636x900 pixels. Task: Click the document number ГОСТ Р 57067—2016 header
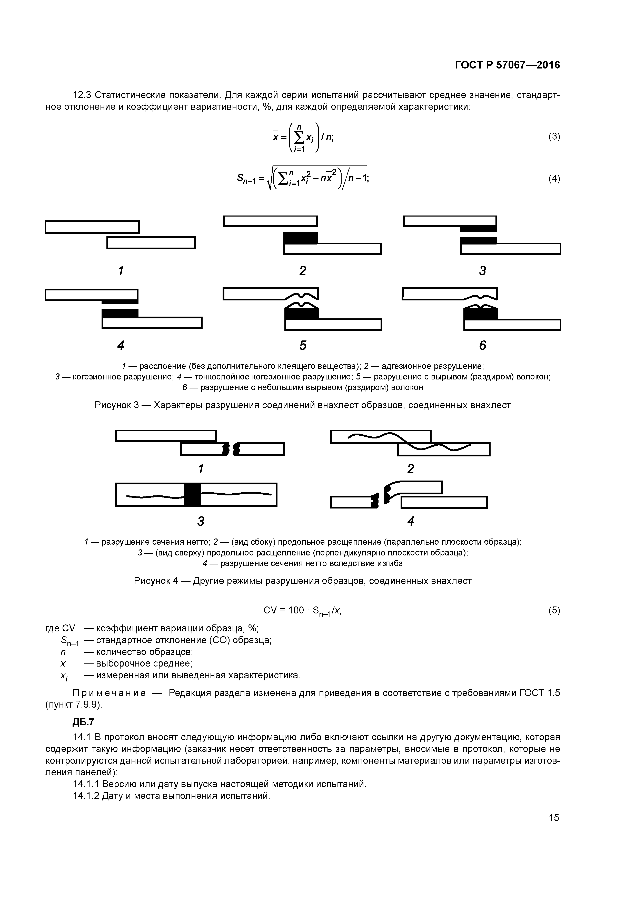[x=508, y=65]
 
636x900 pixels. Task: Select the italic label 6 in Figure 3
[x=482, y=345]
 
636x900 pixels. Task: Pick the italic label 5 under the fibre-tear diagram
[x=303, y=345]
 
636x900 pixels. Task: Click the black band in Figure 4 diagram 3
[x=192, y=495]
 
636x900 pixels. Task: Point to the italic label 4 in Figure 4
[x=410, y=521]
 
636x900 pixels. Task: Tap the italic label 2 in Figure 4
[x=410, y=469]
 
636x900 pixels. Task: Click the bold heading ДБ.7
[x=83, y=722]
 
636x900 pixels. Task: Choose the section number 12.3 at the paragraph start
[x=82, y=95]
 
